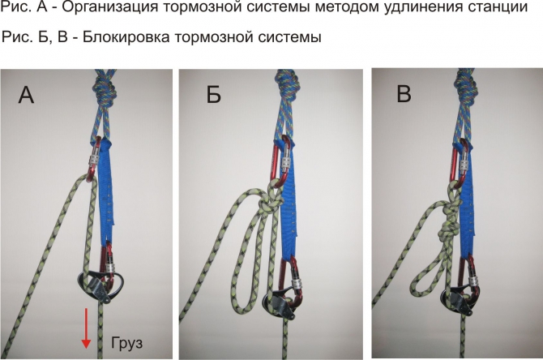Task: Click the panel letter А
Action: [x=27, y=96]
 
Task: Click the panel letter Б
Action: [x=213, y=96]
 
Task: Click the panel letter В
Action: [x=404, y=96]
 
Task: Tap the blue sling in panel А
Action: [x=109, y=195]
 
